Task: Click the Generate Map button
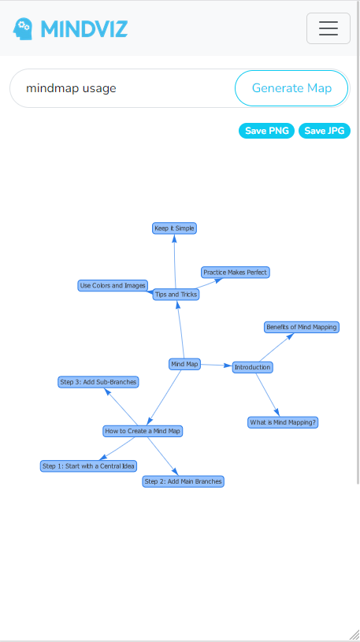[291, 88]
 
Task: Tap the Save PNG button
[266, 131]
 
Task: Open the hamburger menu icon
[328, 29]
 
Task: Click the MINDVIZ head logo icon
[23, 29]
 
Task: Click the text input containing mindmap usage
[122, 88]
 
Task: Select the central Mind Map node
[184, 364]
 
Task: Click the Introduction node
[252, 367]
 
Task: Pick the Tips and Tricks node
[176, 295]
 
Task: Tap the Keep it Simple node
[174, 228]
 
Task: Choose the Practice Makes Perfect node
[236, 273]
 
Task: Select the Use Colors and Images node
[113, 286]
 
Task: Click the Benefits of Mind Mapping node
[301, 327]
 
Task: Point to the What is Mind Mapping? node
[283, 422]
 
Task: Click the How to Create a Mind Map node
[143, 431]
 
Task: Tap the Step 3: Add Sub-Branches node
[98, 382]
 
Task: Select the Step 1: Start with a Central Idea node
[88, 466]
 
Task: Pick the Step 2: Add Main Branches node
[184, 481]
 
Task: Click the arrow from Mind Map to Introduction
[216, 366]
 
